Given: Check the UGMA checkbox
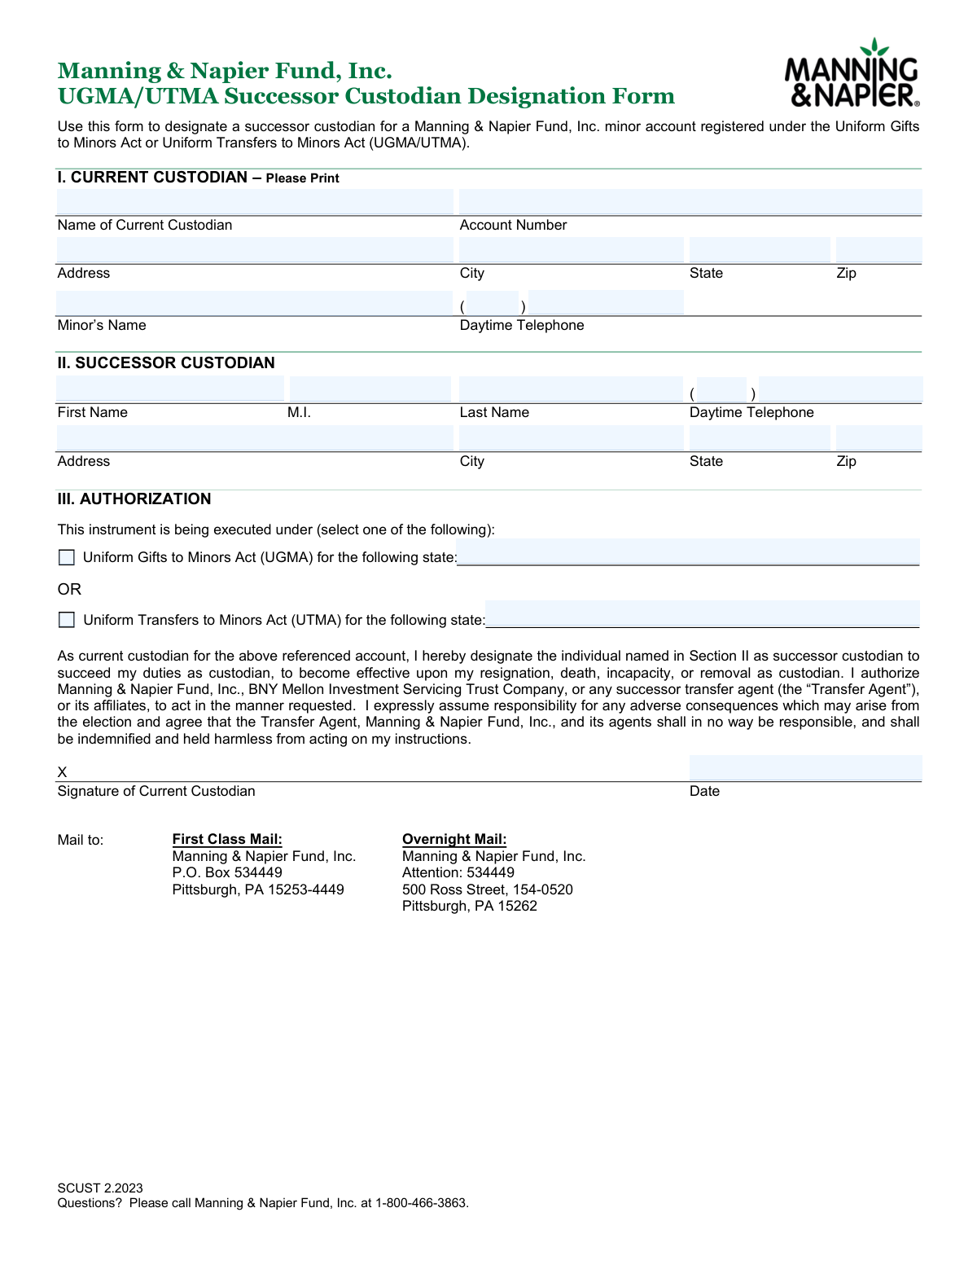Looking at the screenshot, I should click(x=67, y=557).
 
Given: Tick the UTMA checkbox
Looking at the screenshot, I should click(x=67, y=620).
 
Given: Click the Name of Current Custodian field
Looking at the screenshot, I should click(x=254, y=202).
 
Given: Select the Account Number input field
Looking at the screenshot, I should click(x=690, y=202).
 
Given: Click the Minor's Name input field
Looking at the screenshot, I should click(x=254, y=303).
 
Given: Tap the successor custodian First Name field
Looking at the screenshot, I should click(x=170, y=389).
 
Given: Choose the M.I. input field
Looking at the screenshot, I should click(x=370, y=389).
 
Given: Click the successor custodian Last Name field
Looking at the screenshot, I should click(x=571, y=389).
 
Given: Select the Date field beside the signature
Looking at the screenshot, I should click(x=804, y=768).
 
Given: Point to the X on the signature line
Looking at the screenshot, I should click(x=62, y=772).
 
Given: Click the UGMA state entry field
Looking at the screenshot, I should click(x=688, y=551).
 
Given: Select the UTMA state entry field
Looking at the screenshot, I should click(x=702, y=613).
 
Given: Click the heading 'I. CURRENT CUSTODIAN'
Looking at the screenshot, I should click(x=152, y=178).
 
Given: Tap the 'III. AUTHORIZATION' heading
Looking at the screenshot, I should click(x=134, y=499).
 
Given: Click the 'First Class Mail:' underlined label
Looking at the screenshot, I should click(x=227, y=839).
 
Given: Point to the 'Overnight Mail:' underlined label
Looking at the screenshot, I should click(x=454, y=839).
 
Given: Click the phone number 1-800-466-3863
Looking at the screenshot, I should click(x=421, y=1203).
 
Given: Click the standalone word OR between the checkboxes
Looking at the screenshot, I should click(x=69, y=589).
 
